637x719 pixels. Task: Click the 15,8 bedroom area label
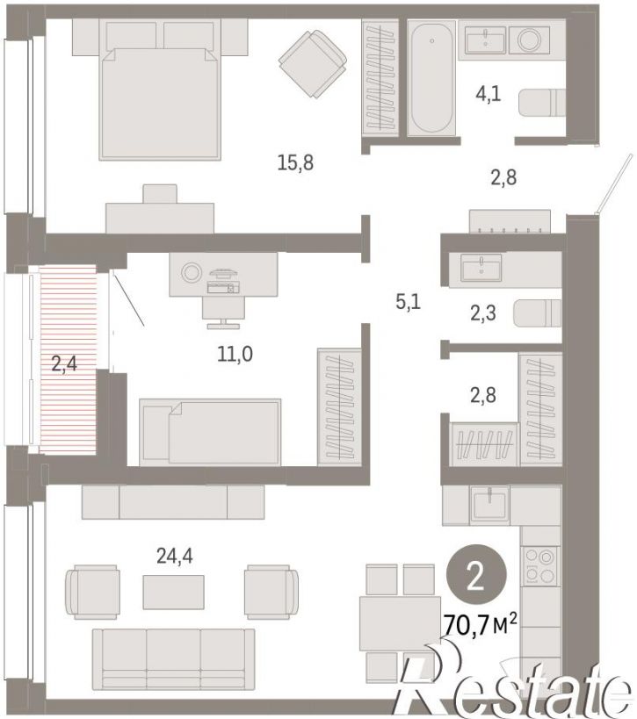(x=295, y=162)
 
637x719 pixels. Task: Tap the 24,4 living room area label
(x=174, y=557)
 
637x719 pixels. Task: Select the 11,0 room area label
(x=235, y=354)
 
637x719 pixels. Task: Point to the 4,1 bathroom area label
(x=489, y=94)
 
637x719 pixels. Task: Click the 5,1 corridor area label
(x=408, y=302)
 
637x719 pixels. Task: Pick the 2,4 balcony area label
(x=64, y=363)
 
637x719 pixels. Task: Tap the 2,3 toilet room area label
(x=482, y=313)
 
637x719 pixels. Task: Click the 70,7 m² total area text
(x=480, y=625)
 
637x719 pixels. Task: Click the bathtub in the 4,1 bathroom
(x=431, y=78)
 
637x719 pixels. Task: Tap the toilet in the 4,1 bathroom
(x=542, y=103)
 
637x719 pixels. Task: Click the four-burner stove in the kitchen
(x=539, y=566)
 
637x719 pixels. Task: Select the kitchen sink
(x=490, y=505)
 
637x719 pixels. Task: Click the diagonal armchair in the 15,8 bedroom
(x=313, y=63)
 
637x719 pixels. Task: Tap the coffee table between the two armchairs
(x=173, y=592)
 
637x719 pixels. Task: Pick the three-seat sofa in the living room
(x=173, y=659)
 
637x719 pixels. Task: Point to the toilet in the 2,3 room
(x=538, y=313)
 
